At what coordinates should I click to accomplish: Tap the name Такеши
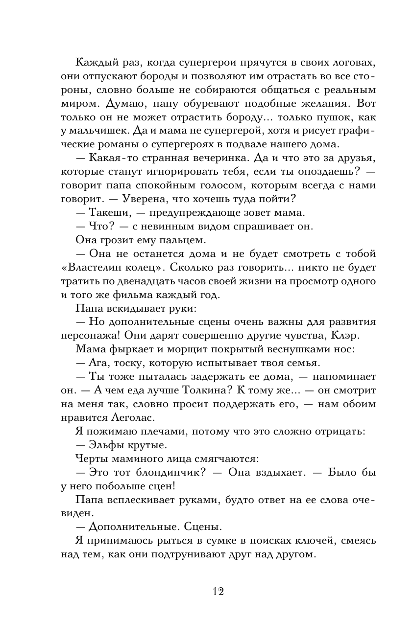point(108,212)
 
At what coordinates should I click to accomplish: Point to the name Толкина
point(228,390)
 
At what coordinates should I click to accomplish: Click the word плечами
point(162,431)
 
